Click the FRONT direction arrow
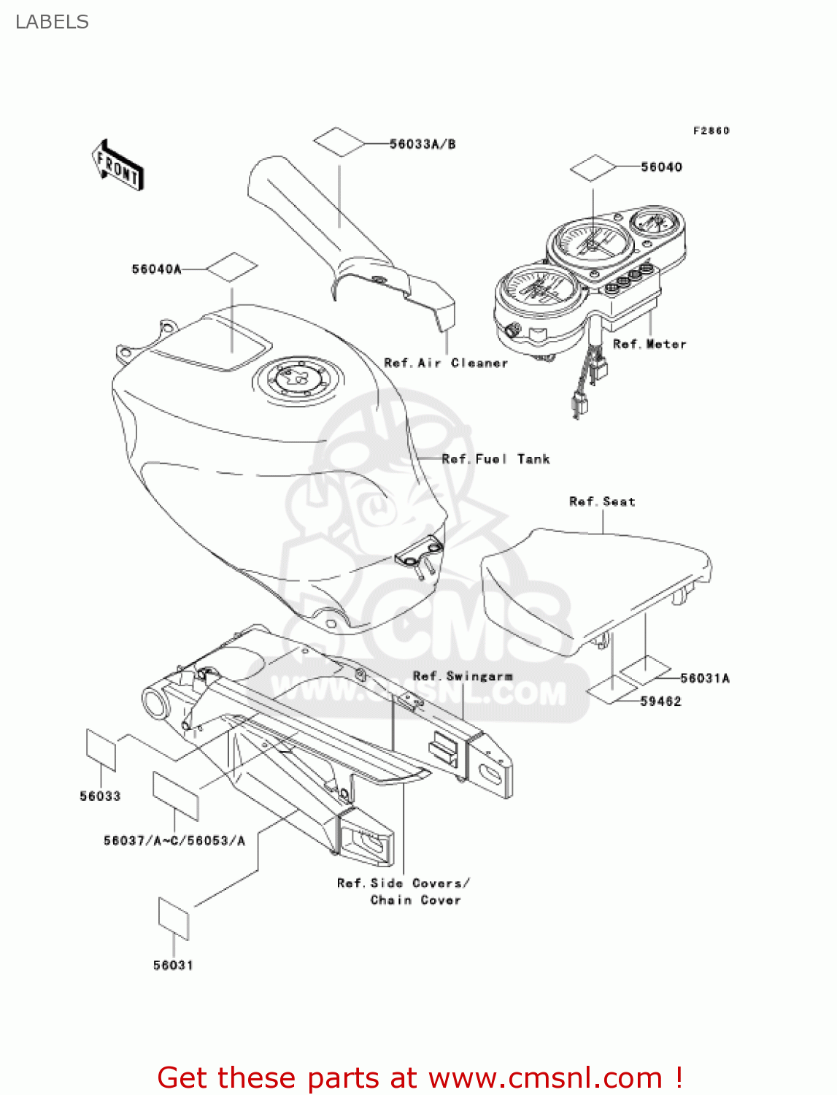pyautogui.click(x=117, y=166)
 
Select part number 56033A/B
pyautogui.click(x=423, y=145)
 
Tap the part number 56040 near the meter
pyautogui.click(x=661, y=167)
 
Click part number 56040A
pyautogui.click(x=156, y=269)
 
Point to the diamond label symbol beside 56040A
pyautogui.click(x=232, y=268)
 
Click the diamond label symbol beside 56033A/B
pyautogui.click(x=339, y=142)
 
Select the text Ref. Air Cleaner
pyautogui.click(x=446, y=363)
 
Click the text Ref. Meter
pyautogui.click(x=649, y=344)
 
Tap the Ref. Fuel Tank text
pyautogui.click(x=495, y=459)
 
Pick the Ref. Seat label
pyautogui.click(x=602, y=502)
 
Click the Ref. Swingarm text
pyautogui.click(x=463, y=676)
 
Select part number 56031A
pyautogui.click(x=705, y=678)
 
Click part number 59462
pyautogui.click(x=660, y=702)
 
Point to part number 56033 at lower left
pyautogui.click(x=100, y=796)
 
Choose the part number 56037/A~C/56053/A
pyautogui.click(x=174, y=841)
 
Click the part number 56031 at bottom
pyautogui.click(x=173, y=966)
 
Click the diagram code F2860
pyautogui.click(x=711, y=131)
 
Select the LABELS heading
pyautogui.click(x=52, y=22)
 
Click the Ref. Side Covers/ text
pyautogui.click(x=403, y=883)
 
